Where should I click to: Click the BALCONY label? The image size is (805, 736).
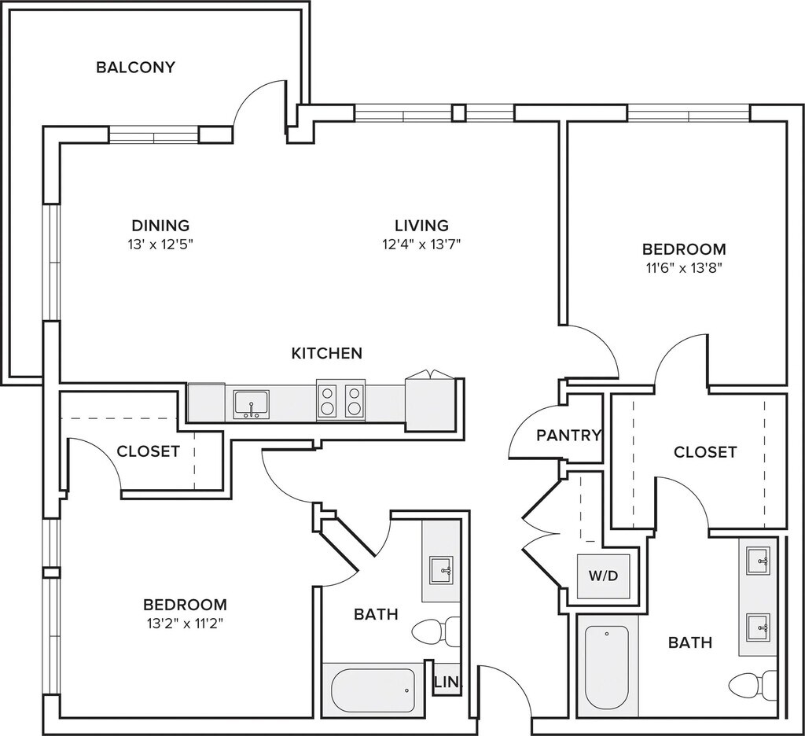[135, 68]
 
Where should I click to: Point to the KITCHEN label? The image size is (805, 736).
[327, 353]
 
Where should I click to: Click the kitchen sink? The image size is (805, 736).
[251, 405]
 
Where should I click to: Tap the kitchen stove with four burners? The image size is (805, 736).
[340, 400]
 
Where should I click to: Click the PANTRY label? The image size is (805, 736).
[568, 436]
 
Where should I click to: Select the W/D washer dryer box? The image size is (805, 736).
[604, 576]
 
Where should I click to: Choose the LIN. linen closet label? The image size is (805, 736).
[447, 683]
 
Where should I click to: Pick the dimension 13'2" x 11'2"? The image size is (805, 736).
[185, 624]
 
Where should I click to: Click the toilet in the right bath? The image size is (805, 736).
[753, 685]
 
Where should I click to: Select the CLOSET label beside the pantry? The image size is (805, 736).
[705, 452]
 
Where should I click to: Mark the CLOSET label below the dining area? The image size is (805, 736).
[149, 451]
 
